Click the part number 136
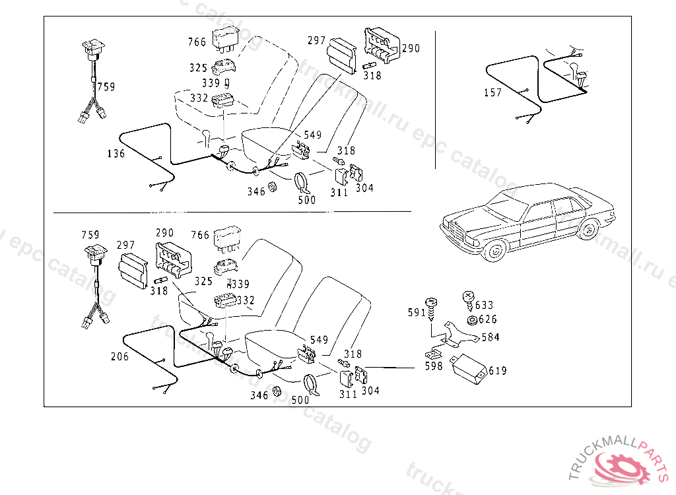[116, 154]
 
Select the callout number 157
[492, 93]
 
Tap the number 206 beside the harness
[119, 356]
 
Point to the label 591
[417, 312]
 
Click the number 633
[484, 305]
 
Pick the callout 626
[488, 319]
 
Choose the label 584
[490, 337]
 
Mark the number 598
[434, 366]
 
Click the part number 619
[497, 371]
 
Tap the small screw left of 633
[468, 298]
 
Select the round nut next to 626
[471, 320]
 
